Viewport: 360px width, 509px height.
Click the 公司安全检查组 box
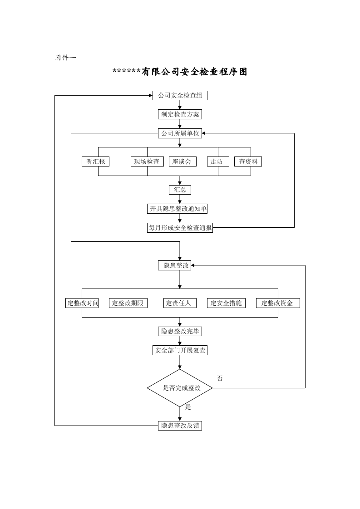tap(180, 95)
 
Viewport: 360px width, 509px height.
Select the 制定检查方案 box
tap(180, 114)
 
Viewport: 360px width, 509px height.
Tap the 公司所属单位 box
tap(180, 133)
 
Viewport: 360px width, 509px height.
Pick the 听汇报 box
tap(95, 162)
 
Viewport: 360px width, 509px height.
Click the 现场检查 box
tap(147, 162)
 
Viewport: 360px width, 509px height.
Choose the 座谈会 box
tap(182, 162)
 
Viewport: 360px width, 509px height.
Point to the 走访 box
tap(218, 162)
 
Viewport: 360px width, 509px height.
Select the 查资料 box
tap(248, 162)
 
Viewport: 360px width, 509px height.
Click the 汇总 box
tap(180, 190)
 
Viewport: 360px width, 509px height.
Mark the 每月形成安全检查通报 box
tap(180, 228)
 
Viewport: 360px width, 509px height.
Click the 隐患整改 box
tap(174, 265)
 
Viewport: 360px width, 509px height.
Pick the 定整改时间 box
tap(82, 303)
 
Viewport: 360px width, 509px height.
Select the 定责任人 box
tap(180, 303)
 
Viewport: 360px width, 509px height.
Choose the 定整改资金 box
tap(278, 303)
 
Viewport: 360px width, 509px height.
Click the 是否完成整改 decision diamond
tap(180, 388)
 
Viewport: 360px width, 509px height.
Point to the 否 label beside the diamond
tap(220, 378)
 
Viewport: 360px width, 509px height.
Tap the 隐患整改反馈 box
tap(180, 426)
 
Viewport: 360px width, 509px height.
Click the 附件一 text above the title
tap(65, 58)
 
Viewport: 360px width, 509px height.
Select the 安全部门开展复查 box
tap(180, 350)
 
